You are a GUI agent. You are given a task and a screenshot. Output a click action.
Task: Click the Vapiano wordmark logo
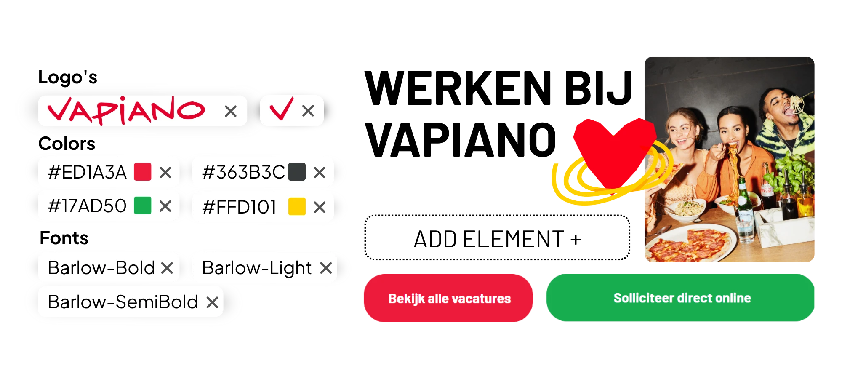pyautogui.click(x=126, y=111)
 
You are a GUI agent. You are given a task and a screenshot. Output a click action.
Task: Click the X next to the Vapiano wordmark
pyautogui.click(x=231, y=111)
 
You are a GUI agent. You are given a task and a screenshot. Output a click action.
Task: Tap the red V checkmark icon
pyautogui.click(x=281, y=109)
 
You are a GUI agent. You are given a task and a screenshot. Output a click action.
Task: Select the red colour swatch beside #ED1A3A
pyautogui.click(x=142, y=172)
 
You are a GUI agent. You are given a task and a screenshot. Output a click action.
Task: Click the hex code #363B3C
pyautogui.click(x=243, y=172)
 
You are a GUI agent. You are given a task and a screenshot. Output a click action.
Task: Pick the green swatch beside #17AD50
pyautogui.click(x=142, y=206)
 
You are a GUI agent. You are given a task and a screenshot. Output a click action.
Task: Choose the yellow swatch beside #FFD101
pyautogui.click(x=297, y=207)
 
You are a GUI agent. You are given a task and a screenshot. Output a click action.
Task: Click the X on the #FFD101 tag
pyautogui.click(x=320, y=207)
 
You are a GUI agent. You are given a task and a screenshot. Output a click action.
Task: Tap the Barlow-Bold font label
pyautogui.click(x=101, y=268)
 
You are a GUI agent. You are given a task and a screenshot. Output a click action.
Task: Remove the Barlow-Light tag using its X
pyautogui.click(x=326, y=268)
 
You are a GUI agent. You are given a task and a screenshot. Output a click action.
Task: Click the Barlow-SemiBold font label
pyautogui.click(x=123, y=302)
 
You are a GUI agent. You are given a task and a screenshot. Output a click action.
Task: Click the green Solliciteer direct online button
pyautogui.click(x=680, y=298)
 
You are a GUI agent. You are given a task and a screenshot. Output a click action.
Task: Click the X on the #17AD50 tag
pyautogui.click(x=165, y=206)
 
